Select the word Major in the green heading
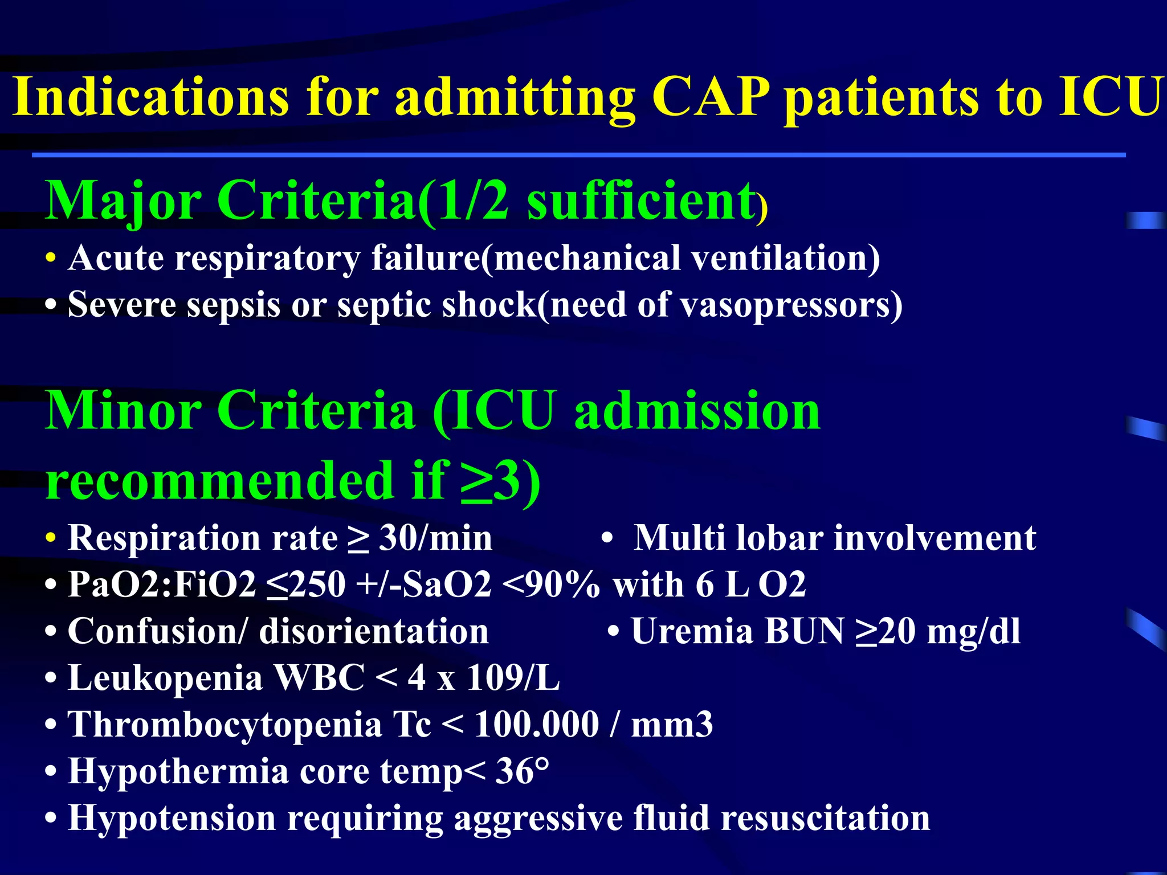pos(123,201)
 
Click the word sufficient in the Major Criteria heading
pos(641,201)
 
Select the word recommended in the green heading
pos(220,480)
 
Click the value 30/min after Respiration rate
pos(435,538)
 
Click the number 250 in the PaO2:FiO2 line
pos(317,584)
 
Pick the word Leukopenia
pos(165,678)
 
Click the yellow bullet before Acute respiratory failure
pos(51,258)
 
